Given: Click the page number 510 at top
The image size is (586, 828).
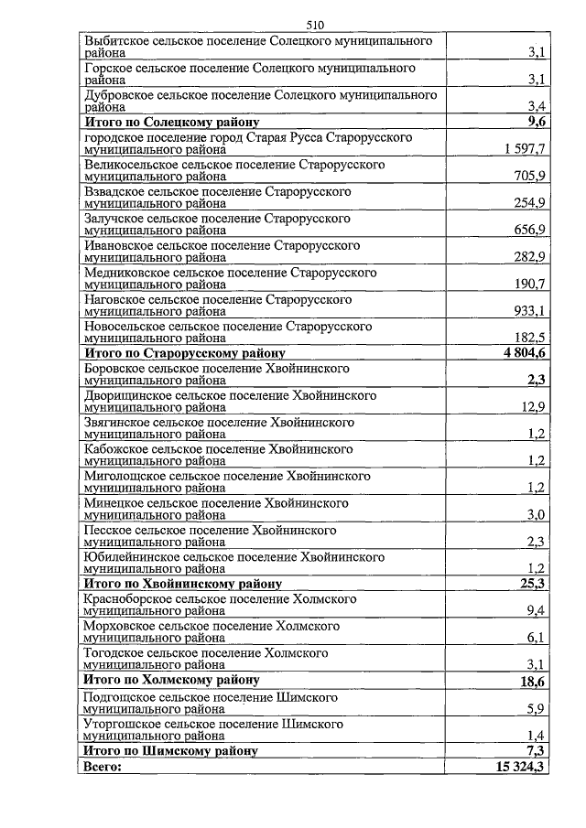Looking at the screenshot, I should coord(316,25).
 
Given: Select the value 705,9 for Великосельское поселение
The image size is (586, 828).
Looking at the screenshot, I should coord(530,176).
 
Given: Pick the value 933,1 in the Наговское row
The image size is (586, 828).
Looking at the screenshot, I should coord(530,310).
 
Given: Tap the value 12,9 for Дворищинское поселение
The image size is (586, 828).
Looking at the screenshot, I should coord(533,406).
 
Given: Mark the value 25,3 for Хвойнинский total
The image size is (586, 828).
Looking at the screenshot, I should coord(532,583).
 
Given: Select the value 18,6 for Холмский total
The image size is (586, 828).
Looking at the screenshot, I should coord(532,682).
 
